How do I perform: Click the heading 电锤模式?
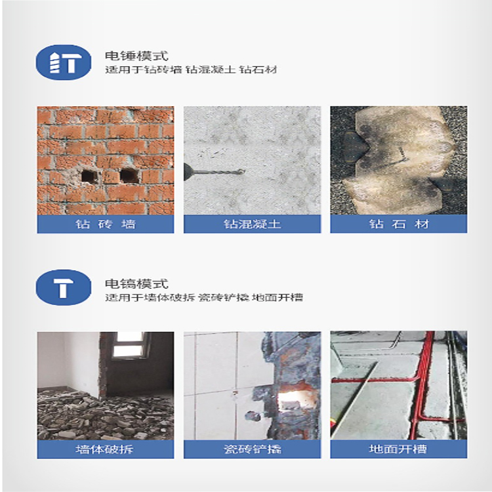(136, 56)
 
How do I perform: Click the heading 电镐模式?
(136, 283)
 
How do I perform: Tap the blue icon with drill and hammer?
(64, 62)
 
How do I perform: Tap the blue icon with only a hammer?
(64, 287)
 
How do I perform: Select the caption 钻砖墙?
(106, 224)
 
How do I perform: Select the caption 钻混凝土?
(252, 224)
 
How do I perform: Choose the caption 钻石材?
(399, 224)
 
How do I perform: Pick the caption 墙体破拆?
(105, 449)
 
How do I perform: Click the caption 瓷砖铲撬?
(252, 449)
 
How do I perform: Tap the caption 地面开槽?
(398, 449)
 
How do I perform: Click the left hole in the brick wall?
(89, 176)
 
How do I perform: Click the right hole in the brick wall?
(129, 176)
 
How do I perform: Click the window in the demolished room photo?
(129, 344)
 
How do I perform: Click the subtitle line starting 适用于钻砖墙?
(191, 70)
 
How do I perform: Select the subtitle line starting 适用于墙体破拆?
(204, 297)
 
